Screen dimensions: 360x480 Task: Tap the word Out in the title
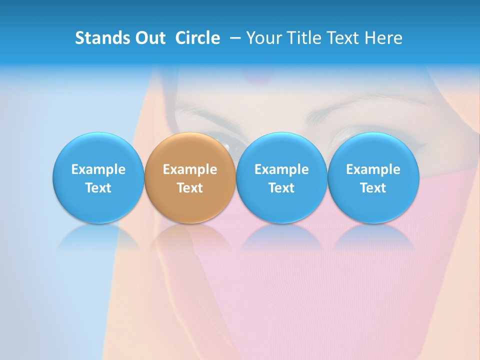pos(148,38)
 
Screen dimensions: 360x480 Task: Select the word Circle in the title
pos(197,38)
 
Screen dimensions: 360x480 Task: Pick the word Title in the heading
pos(303,38)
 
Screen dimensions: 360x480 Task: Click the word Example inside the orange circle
pos(190,169)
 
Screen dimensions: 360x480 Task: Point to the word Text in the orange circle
pos(190,188)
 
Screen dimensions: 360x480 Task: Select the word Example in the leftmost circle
pos(98,169)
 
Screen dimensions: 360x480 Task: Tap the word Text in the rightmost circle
pos(373,188)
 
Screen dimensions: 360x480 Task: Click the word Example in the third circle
pos(281,169)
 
